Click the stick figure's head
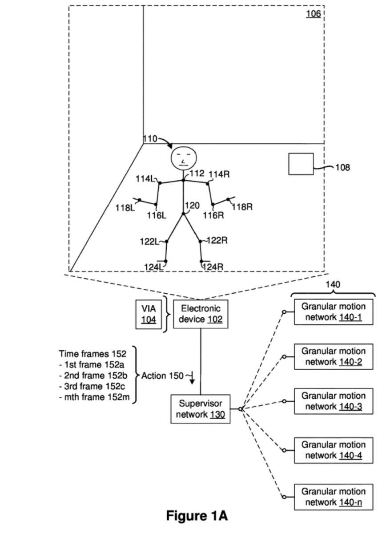183,157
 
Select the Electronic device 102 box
200,314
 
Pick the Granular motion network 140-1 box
334,311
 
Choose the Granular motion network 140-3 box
334,401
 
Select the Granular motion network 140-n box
334,497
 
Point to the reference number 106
313,14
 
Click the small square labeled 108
301,164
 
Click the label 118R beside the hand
242,206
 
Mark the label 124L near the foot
154,267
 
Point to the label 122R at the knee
217,240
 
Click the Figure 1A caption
197,516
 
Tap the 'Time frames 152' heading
92,354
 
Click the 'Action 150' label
162,376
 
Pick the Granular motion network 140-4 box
334,450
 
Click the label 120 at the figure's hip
193,205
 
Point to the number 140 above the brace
333,285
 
